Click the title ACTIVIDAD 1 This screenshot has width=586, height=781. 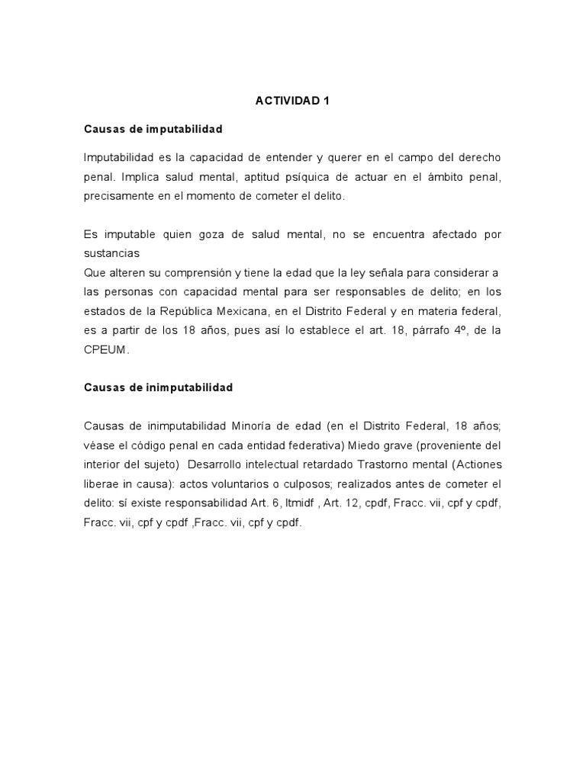click(292, 100)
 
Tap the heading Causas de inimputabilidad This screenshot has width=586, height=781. click(158, 387)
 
